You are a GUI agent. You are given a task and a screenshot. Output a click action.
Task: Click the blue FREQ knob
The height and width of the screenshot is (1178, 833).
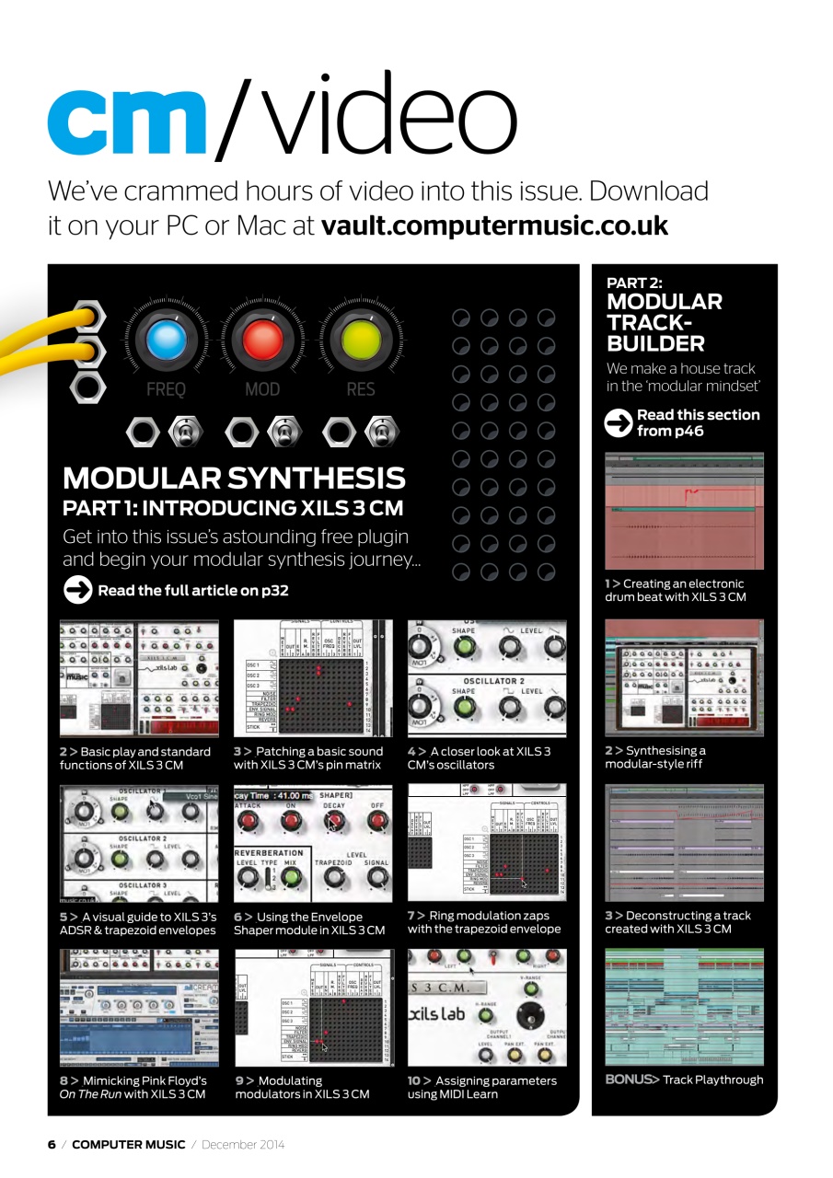(x=166, y=340)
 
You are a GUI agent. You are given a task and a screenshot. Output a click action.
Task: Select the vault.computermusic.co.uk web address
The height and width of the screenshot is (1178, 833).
(x=493, y=225)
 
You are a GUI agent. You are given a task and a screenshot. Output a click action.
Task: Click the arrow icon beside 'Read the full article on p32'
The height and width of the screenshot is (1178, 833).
(x=77, y=590)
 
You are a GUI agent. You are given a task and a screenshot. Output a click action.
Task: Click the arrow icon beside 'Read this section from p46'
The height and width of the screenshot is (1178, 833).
(x=619, y=422)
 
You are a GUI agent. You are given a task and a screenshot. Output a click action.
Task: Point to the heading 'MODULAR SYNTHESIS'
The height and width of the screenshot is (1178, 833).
(x=234, y=479)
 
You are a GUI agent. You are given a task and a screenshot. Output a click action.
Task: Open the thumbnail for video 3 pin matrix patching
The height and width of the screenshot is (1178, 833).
(x=313, y=678)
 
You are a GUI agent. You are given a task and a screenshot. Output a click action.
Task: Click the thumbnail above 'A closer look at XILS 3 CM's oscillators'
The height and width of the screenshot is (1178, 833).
(x=487, y=678)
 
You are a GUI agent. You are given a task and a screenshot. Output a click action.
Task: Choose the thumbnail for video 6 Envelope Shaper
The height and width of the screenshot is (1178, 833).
(x=313, y=843)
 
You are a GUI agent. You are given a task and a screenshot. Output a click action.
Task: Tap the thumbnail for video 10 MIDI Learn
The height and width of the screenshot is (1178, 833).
(x=487, y=1007)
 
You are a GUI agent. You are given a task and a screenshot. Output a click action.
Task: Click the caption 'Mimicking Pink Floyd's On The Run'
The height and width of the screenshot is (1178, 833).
(x=133, y=1087)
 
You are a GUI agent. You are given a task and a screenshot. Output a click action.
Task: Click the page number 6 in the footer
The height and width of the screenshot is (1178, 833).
(x=52, y=1144)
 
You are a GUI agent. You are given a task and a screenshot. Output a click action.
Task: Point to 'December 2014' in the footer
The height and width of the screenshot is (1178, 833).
(x=243, y=1144)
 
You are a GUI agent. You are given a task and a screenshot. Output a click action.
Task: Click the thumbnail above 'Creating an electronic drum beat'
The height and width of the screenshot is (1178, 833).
(x=684, y=512)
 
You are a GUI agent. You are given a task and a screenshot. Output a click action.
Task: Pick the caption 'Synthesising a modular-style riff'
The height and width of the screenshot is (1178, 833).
(x=655, y=757)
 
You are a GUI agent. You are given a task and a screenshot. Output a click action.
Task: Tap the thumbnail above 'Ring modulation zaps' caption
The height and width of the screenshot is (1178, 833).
(x=487, y=843)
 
